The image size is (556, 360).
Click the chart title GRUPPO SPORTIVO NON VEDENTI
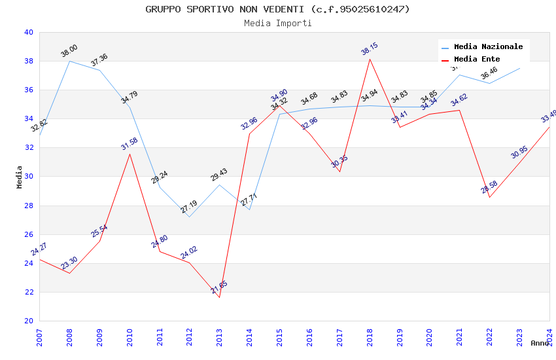(x=277, y=9)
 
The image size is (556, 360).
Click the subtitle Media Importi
(x=277, y=23)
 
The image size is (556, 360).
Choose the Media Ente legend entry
(x=477, y=59)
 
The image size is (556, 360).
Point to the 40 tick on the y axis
(x=28, y=32)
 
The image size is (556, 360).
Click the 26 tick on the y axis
(x=28, y=234)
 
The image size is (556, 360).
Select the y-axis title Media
(x=20, y=177)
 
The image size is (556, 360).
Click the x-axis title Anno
(x=540, y=343)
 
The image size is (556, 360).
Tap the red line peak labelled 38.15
(x=370, y=59)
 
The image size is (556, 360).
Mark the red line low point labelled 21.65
(x=219, y=297)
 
